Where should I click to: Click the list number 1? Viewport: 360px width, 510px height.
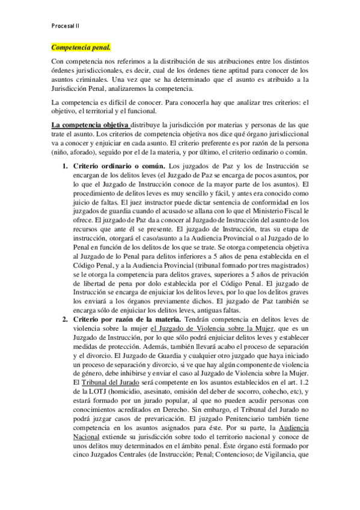coord(66,165)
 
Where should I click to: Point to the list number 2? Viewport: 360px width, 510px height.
coord(66,318)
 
